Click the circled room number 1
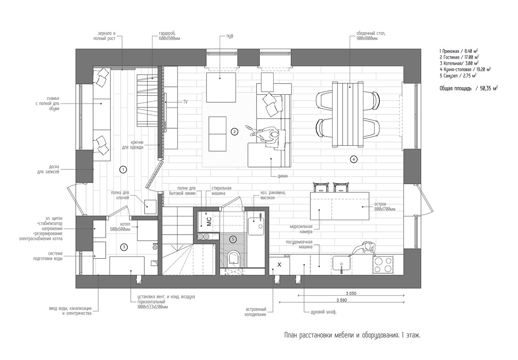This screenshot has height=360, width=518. (123, 169)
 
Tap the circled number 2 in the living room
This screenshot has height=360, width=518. (234, 132)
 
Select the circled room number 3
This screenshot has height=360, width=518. (124, 247)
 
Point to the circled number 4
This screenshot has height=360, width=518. (353, 159)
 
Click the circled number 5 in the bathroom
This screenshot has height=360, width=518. (233, 239)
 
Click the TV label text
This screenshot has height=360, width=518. (185, 102)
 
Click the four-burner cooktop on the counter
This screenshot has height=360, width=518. (383, 264)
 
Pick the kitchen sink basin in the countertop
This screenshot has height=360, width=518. (342, 264)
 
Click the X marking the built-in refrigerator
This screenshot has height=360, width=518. (279, 265)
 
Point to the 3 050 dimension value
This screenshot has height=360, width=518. (350, 293)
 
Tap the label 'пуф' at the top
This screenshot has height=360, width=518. (230, 36)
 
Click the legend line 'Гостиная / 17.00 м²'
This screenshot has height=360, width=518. (459, 57)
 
